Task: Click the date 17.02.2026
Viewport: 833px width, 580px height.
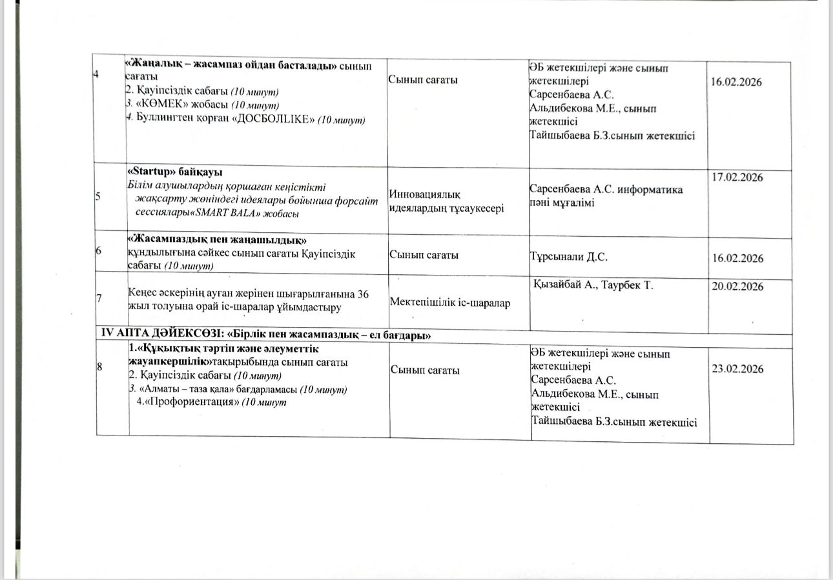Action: (x=737, y=177)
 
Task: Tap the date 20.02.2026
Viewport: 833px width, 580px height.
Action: (x=737, y=287)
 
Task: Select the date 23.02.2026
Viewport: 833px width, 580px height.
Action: (x=737, y=369)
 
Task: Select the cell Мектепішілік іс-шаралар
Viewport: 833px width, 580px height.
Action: (x=449, y=303)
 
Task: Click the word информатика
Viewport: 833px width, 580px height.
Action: (x=651, y=190)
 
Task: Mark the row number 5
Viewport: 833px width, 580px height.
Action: (x=98, y=197)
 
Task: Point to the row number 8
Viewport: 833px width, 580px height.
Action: (x=99, y=367)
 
